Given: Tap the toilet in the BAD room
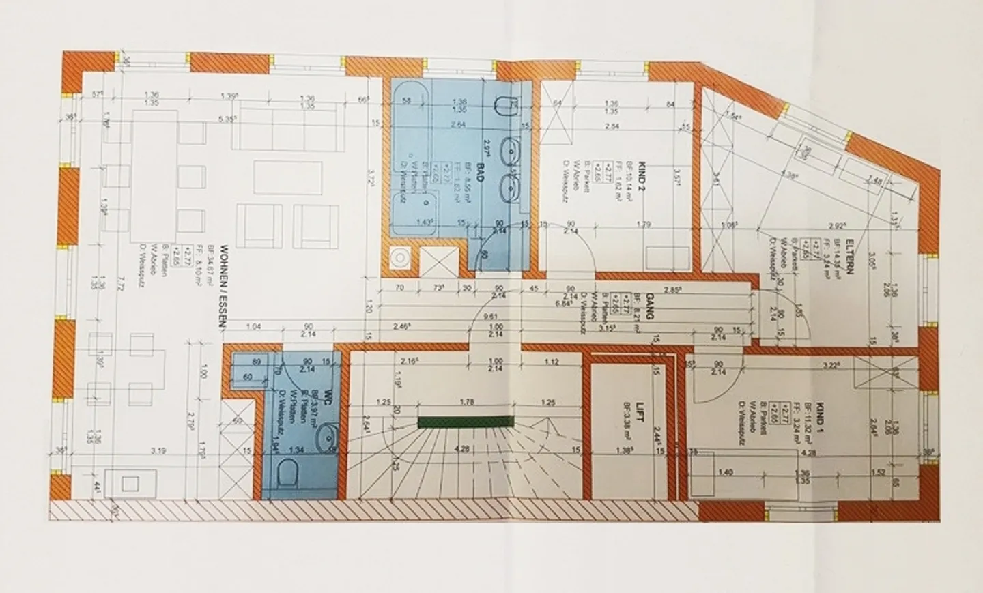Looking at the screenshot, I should coord(503,107).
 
